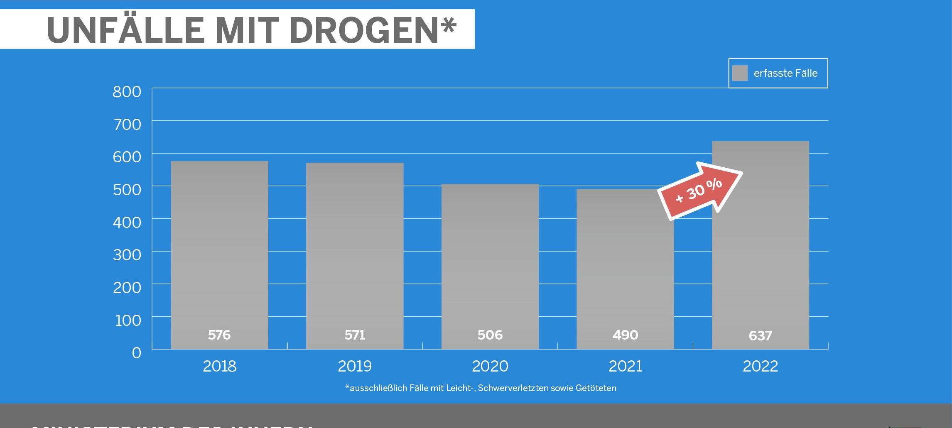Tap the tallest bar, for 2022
(x=760, y=249)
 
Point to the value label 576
(x=219, y=335)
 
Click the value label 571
(x=355, y=335)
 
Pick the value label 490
(x=625, y=335)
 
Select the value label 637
(x=760, y=336)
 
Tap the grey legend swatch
(x=740, y=73)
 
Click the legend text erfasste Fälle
(x=785, y=73)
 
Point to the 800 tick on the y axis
(x=127, y=92)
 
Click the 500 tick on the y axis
(x=127, y=190)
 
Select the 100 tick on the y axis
(x=128, y=320)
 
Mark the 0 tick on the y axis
(x=137, y=353)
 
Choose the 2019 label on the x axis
(x=355, y=366)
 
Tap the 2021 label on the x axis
(x=625, y=366)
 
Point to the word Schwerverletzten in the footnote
(x=513, y=388)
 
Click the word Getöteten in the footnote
(x=596, y=388)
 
